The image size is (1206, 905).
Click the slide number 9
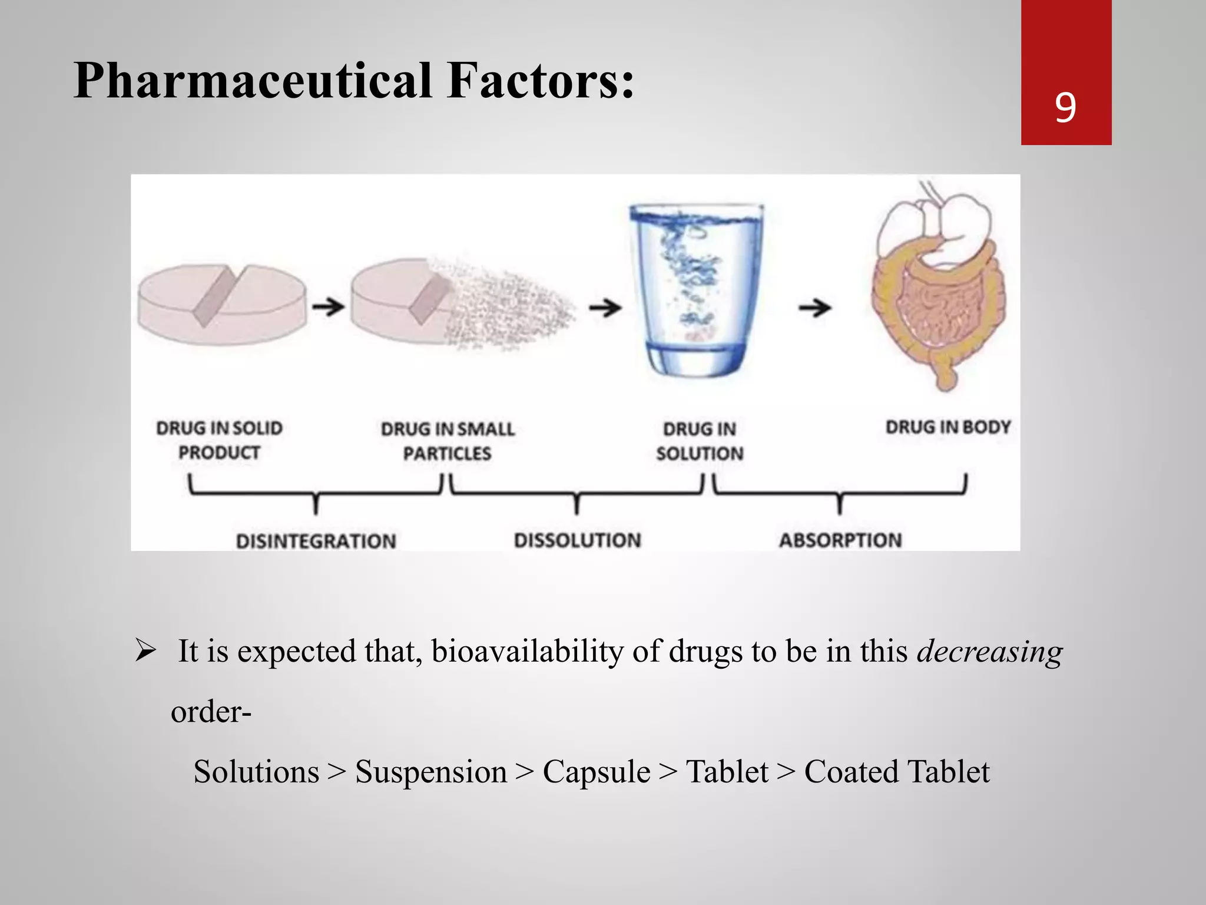1065,107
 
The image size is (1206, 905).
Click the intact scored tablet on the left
222,304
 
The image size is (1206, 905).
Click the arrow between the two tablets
328,306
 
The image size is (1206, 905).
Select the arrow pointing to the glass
605,307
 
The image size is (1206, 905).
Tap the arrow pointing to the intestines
814,307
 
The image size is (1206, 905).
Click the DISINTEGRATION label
316,541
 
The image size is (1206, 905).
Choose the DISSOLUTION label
577,540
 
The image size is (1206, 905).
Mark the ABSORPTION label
840,540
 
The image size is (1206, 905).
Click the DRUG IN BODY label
947,427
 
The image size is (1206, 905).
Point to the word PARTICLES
447,453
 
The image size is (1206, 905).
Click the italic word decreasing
989,652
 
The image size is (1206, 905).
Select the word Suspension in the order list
430,772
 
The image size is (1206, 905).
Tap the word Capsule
596,772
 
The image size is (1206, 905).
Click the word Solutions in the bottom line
256,772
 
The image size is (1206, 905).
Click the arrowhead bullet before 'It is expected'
145,650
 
